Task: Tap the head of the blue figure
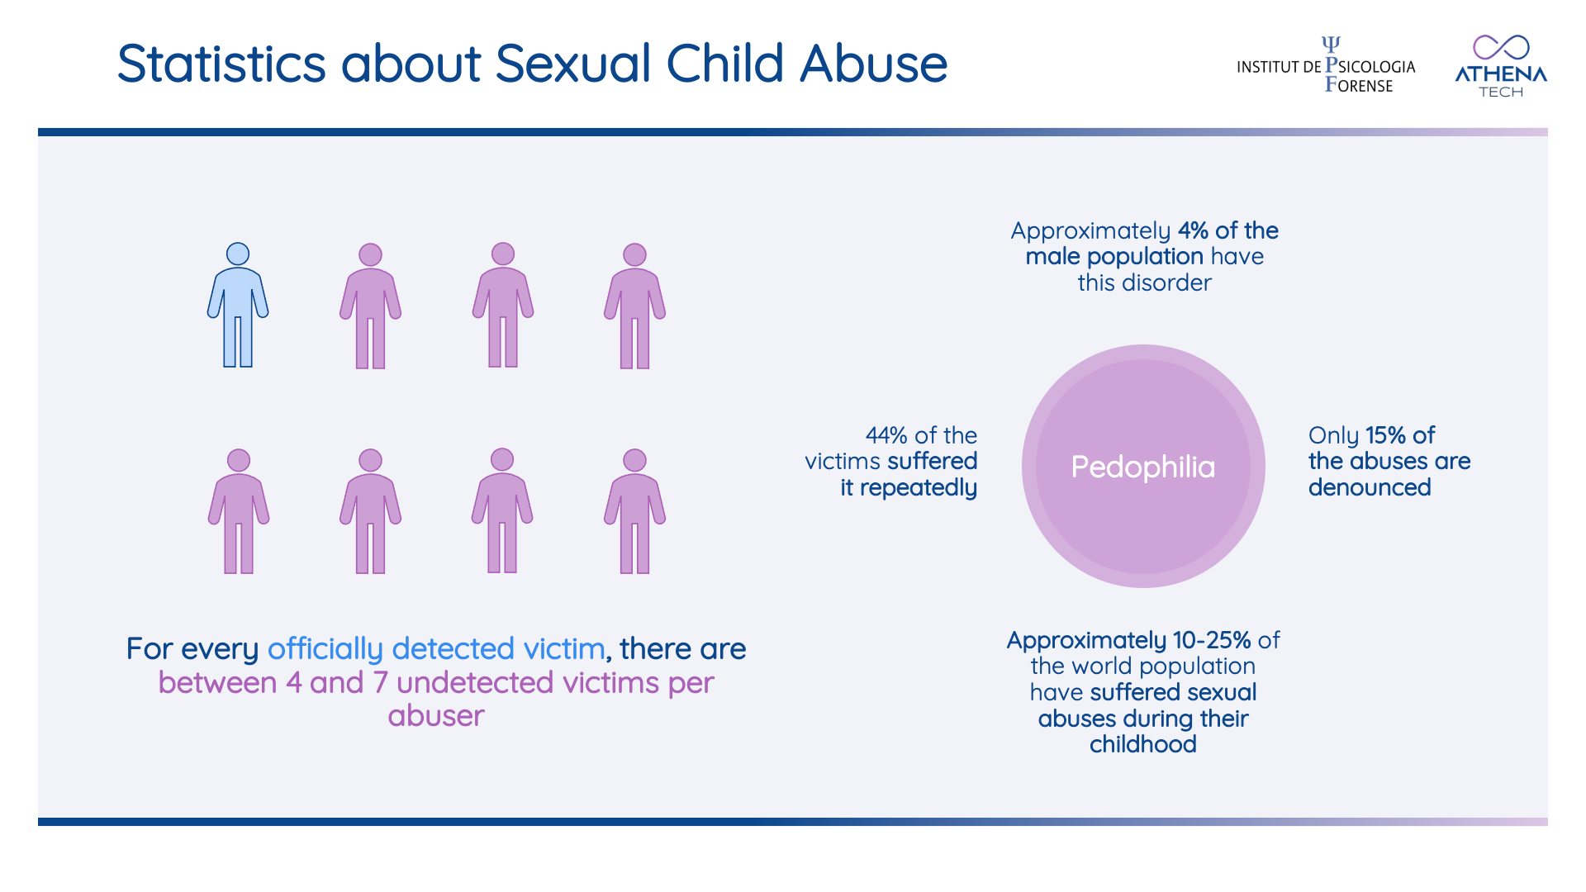click(x=238, y=254)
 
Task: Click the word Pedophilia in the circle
click(x=1142, y=467)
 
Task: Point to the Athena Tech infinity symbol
click(x=1501, y=47)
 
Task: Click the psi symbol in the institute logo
click(x=1331, y=44)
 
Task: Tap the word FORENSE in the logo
click(x=1359, y=85)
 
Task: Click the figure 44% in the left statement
click(x=886, y=435)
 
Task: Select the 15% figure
click(x=1385, y=435)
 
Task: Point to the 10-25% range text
click(x=1212, y=640)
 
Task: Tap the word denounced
click(x=1370, y=487)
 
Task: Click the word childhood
click(x=1142, y=744)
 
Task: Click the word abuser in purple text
click(x=436, y=715)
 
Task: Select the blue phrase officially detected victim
click(x=436, y=649)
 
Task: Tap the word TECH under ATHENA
click(x=1501, y=92)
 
